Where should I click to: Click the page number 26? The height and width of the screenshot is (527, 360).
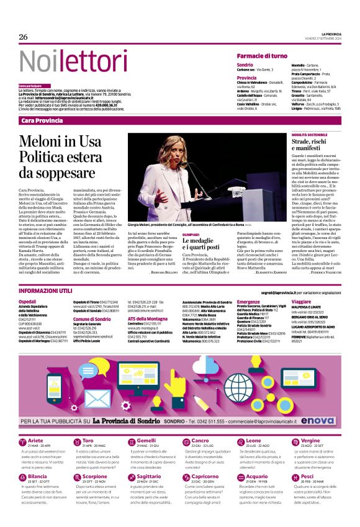[24, 37]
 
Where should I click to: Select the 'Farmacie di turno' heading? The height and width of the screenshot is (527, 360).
[262, 56]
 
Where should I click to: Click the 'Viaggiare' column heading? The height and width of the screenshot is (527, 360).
[302, 300]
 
